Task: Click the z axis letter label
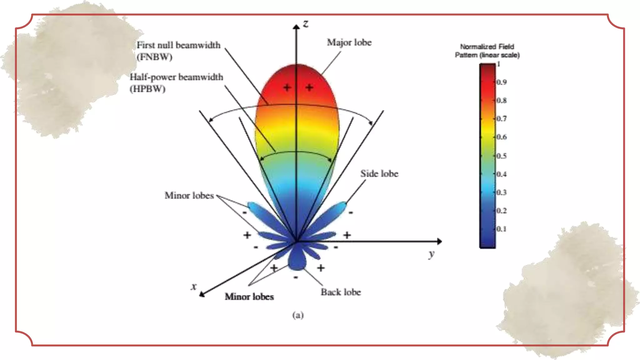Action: (x=306, y=24)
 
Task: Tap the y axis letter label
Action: (x=432, y=254)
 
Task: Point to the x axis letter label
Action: (x=194, y=286)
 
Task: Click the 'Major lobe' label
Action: (x=349, y=42)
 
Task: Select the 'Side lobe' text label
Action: (x=379, y=174)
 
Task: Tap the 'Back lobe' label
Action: (x=341, y=292)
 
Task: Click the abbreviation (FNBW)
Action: (x=154, y=57)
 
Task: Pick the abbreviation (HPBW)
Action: (x=147, y=89)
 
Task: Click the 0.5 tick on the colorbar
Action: (x=502, y=156)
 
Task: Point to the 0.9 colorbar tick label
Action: (x=502, y=82)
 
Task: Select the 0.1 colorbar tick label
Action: (x=502, y=229)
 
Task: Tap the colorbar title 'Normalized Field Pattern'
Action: (x=487, y=51)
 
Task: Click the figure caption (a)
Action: (x=298, y=315)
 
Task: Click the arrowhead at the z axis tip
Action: (x=296, y=27)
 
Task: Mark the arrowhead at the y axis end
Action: (x=439, y=241)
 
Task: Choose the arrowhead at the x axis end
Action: (x=202, y=294)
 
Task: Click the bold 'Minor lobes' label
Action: (x=249, y=297)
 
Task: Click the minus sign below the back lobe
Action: (x=296, y=277)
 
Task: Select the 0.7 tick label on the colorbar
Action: (x=502, y=119)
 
